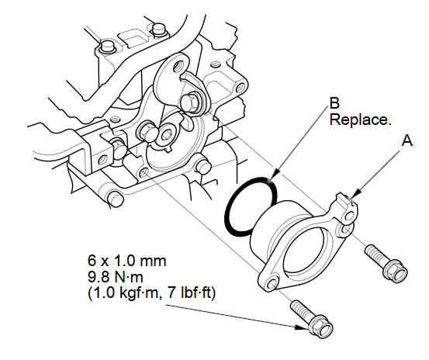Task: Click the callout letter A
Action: point(407,141)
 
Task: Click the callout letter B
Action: point(334,103)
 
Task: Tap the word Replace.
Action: point(360,119)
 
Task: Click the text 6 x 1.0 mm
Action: point(127,261)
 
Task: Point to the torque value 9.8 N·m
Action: point(115,277)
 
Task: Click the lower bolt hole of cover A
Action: point(272,283)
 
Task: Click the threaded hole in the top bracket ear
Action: point(178,65)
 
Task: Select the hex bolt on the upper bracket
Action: point(191,102)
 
